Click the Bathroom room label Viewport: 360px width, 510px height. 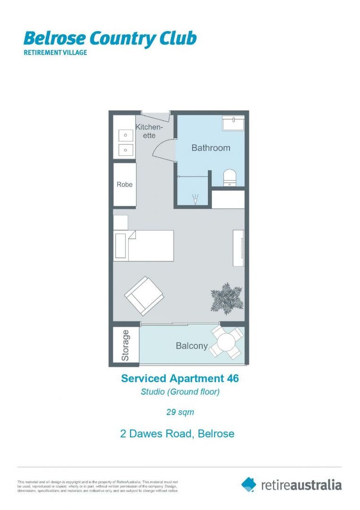click(x=210, y=148)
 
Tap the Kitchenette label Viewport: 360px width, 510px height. click(x=149, y=131)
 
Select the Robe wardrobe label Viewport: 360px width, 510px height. click(x=125, y=185)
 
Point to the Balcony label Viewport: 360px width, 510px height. click(x=192, y=346)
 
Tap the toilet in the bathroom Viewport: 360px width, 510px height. click(x=230, y=178)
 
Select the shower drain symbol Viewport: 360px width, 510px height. click(x=195, y=200)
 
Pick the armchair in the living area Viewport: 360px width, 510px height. click(x=144, y=296)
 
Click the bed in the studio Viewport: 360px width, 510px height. click(x=143, y=246)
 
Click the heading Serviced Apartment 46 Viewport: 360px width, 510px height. click(x=180, y=378)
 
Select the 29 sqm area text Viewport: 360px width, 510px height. click(x=180, y=412)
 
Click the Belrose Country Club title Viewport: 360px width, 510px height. click(x=109, y=38)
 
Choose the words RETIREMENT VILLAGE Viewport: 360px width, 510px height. click(x=55, y=52)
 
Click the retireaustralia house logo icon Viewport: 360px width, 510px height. click(x=249, y=484)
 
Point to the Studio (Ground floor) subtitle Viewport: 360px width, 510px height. click(x=180, y=392)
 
